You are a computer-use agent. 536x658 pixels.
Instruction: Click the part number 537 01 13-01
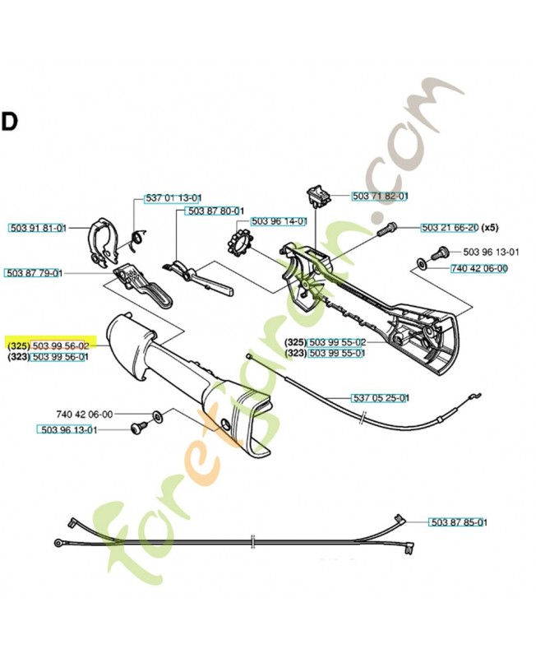point(173,197)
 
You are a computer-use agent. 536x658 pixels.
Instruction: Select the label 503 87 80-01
point(215,211)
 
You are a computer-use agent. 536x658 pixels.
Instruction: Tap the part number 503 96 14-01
point(279,221)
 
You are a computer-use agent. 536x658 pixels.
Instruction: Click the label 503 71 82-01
point(380,196)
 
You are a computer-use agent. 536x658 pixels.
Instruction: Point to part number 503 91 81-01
point(38,228)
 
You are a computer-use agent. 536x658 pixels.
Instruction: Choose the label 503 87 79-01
point(34,273)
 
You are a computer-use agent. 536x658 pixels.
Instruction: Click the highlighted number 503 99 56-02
point(60,345)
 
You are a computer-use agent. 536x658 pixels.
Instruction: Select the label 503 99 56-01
point(60,357)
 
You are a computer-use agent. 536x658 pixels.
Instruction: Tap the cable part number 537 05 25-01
point(380,398)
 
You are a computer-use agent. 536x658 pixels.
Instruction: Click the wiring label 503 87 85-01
point(459,522)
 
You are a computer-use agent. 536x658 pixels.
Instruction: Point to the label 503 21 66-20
point(450,228)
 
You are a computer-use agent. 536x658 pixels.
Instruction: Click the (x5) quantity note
point(489,228)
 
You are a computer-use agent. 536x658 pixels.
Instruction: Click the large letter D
point(9,122)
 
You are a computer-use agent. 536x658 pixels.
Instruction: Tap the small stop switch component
point(317,196)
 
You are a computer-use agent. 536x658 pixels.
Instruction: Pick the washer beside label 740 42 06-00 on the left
point(158,417)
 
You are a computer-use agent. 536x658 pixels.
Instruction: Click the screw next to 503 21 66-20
point(386,229)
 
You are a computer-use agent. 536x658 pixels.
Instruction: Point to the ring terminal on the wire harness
point(58,543)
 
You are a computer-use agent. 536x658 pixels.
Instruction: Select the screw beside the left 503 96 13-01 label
point(139,429)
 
